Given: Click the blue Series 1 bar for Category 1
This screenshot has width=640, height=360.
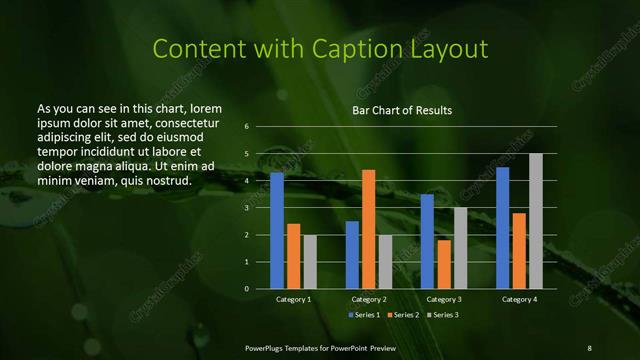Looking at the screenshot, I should click(x=277, y=231).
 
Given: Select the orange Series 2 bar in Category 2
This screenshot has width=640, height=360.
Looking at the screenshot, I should click(x=369, y=229).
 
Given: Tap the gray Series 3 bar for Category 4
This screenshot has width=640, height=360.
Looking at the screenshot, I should click(x=536, y=221).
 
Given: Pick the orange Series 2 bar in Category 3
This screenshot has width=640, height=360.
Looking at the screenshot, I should click(x=444, y=264).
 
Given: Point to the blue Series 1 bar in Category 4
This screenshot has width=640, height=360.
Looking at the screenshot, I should click(x=502, y=228).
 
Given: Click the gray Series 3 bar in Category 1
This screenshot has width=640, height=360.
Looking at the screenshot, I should click(x=310, y=262).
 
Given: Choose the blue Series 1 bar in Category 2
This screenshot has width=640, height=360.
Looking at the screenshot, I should click(x=352, y=255).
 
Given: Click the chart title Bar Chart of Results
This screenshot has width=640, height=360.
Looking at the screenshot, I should click(x=401, y=109).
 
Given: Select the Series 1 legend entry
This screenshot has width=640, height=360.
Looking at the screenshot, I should click(x=363, y=315).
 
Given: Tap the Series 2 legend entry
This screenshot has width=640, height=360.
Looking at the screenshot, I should click(x=402, y=315).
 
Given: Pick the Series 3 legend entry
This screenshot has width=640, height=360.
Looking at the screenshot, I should click(x=441, y=315).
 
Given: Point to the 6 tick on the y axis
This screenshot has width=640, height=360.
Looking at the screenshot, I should click(x=246, y=127).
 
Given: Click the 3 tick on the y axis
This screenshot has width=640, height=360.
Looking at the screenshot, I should click(x=246, y=208).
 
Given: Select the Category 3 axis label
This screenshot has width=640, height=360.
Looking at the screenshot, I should click(x=444, y=299).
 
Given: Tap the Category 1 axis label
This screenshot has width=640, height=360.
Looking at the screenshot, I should click(x=294, y=299).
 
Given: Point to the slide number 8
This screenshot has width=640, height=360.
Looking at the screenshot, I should click(x=589, y=347).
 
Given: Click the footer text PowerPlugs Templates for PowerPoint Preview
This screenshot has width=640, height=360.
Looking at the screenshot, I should click(x=321, y=347).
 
